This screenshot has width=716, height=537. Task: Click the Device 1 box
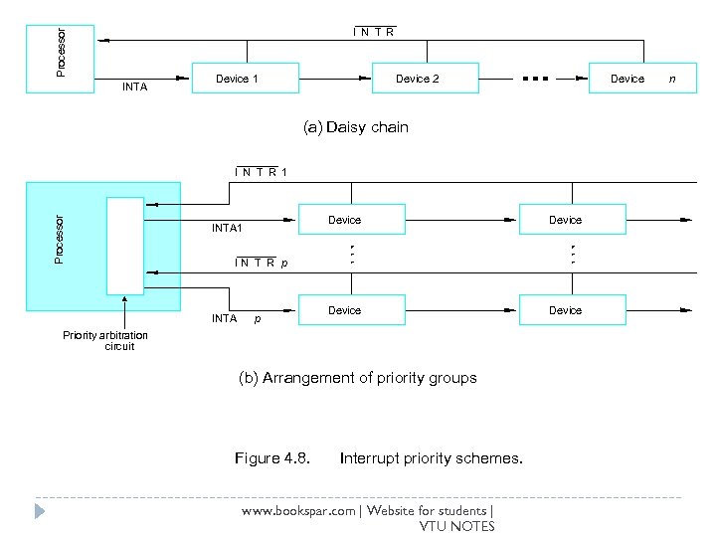237,79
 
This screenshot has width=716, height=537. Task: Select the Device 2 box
417,79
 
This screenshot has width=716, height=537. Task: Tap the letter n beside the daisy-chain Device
672,79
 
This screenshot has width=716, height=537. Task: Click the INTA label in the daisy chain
134,88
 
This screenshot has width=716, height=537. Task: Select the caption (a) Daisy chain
355,127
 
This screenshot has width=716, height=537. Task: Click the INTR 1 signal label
261,172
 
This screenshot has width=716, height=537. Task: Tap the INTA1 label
227,229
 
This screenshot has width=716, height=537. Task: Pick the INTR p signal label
261,264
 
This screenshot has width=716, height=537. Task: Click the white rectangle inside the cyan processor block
125,246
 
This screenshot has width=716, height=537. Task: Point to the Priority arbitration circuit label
105,340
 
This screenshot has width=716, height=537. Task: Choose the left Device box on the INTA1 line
345,219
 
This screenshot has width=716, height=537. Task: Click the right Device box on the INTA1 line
565,219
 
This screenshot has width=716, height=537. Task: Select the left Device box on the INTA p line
345,310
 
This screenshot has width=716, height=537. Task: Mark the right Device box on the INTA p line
565,310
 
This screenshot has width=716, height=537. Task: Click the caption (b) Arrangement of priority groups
357,378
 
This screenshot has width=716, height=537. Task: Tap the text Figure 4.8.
271,458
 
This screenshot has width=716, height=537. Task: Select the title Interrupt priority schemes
431,458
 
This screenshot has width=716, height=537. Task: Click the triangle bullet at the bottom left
39,511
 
